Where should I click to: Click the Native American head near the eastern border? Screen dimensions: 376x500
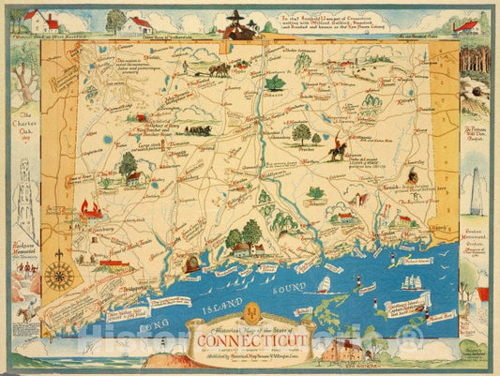point(414,175)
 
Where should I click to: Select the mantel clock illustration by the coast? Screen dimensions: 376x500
point(194,264)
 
